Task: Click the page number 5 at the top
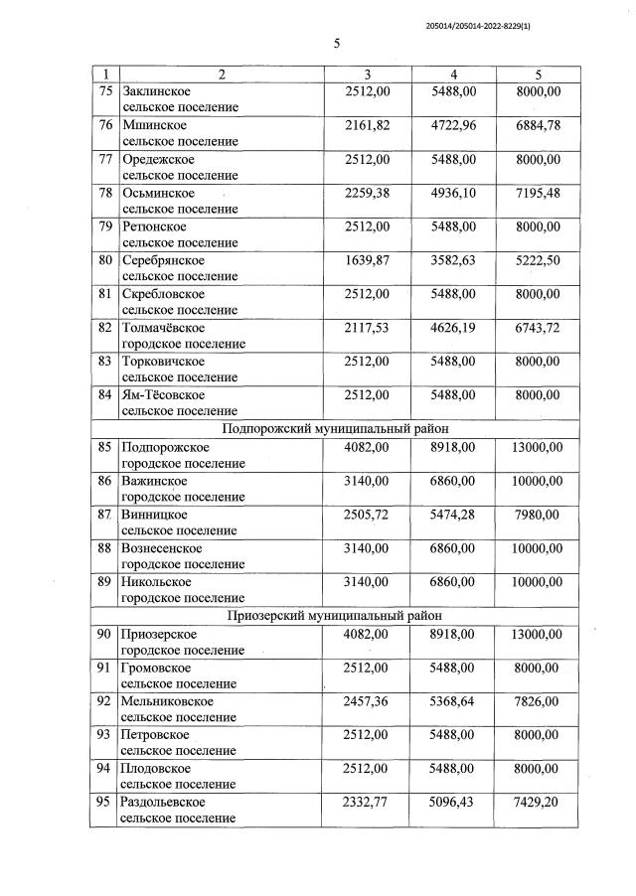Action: tap(336, 44)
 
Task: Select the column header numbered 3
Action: tap(367, 75)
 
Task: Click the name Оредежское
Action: tap(158, 159)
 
